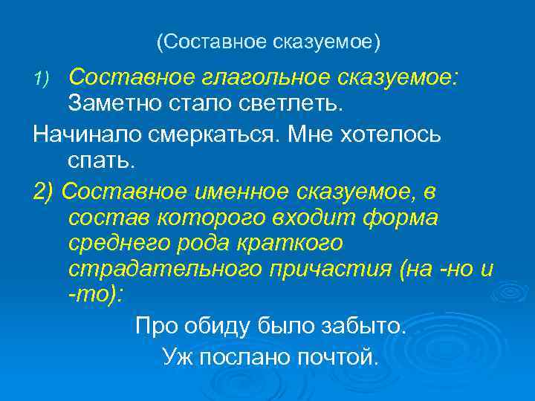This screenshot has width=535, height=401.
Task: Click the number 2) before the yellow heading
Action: pyautogui.click(x=44, y=192)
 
